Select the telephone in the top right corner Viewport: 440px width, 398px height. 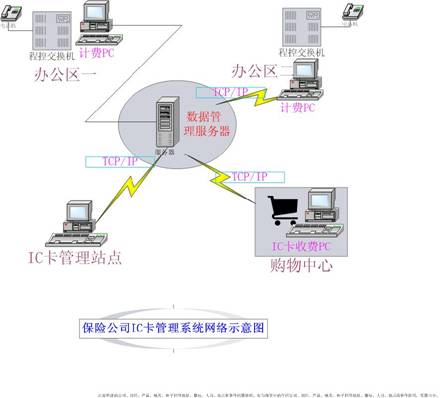tap(352, 12)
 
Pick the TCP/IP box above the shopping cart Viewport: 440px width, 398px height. tap(248, 177)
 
